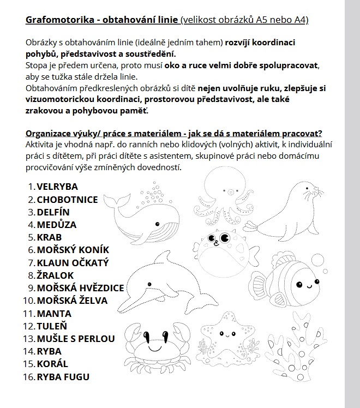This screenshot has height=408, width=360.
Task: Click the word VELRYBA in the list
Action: tap(57, 187)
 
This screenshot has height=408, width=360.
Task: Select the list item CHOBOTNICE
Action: tap(67, 199)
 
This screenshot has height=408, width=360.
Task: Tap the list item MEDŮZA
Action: tap(56, 224)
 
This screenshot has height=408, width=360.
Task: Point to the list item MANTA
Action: tap(54, 313)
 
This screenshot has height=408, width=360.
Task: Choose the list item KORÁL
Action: tap(52, 364)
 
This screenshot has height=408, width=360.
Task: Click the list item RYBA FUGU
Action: tap(63, 376)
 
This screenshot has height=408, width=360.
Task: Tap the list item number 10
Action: tap(27, 301)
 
